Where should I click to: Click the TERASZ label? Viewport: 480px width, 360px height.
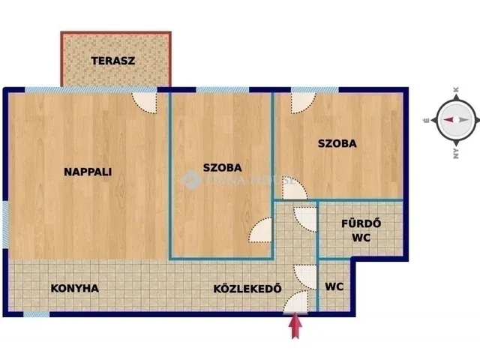pos(113,61)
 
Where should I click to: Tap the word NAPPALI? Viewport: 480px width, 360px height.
pos(88,171)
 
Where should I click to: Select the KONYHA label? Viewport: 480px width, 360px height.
pos(74,287)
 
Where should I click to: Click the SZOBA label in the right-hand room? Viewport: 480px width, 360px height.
pos(337,143)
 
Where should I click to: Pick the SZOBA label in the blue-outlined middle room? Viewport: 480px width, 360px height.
pos(223,167)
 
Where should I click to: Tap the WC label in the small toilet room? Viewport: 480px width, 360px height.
pos(334,286)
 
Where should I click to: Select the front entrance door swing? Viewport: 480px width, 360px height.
pos(297,301)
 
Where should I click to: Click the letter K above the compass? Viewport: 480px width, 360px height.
pos(455,89)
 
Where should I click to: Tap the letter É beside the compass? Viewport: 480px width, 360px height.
pos(426,119)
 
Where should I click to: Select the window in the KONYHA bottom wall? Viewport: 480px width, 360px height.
pos(36,314)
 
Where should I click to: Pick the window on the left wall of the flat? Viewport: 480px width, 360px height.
pos(5,223)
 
